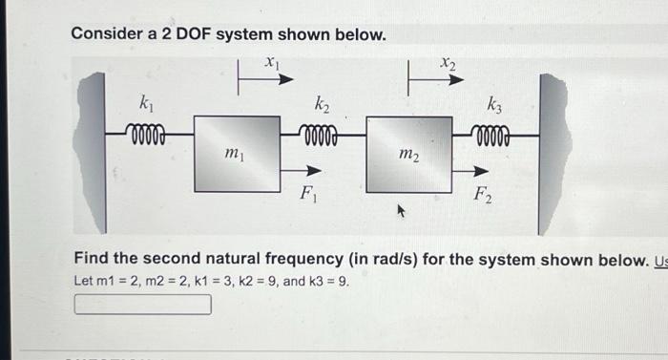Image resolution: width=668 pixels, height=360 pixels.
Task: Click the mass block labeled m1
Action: [x=237, y=155]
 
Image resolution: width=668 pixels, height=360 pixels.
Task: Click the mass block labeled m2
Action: [x=408, y=155]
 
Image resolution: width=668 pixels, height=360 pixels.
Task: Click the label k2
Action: [x=323, y=101]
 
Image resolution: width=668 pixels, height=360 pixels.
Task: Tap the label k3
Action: [x=495, y=103]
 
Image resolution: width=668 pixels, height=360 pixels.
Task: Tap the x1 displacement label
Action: [x=272, y=62]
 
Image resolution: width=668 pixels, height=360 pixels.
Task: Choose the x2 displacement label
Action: [x=449, y=63]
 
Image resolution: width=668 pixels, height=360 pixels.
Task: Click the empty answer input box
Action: [x=143, y=305]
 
